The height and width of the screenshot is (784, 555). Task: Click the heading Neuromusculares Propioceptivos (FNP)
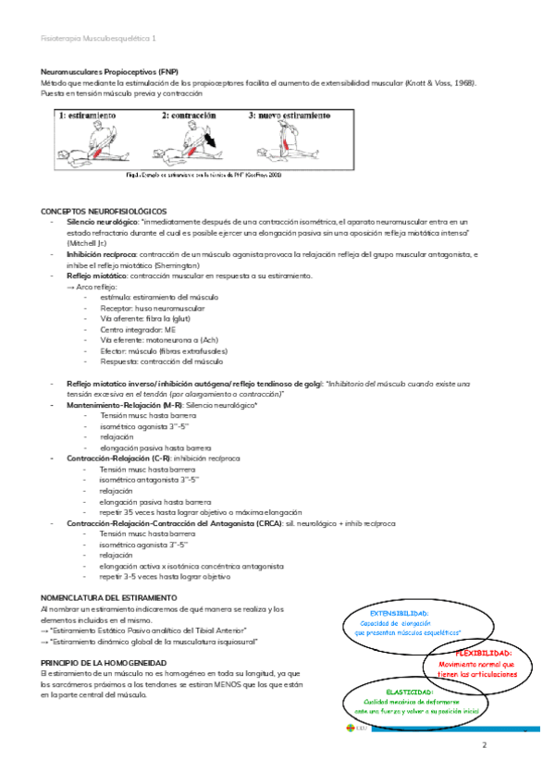click(x=110, y=71)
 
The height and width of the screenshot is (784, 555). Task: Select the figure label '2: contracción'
click(x=190, y=116)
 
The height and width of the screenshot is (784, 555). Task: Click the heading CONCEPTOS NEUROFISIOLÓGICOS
click(x=104, y=212)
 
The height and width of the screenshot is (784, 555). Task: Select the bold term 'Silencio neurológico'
click(x=103, y=222)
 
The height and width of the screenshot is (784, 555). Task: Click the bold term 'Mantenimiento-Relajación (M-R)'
click(x=124, y=406)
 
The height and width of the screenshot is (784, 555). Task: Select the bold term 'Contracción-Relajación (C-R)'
click(x=118, y=459)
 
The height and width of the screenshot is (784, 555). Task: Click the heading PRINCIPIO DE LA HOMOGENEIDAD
click(x=104, y=664)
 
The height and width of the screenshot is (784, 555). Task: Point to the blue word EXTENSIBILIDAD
click(x=399, y=613)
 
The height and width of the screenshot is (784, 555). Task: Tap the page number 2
click(x=484, y=744)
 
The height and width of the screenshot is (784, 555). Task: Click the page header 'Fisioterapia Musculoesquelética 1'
click(x=99, y=39)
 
